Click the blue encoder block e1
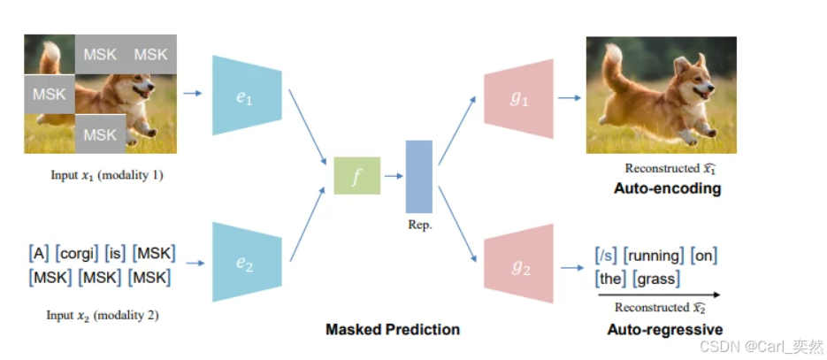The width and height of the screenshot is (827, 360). coord(247,95)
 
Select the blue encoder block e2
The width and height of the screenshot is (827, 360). coord(247,263)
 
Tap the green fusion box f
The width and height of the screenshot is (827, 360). coord(356,175)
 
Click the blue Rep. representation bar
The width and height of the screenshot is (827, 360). coord(419,176)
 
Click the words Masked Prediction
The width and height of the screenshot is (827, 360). coord(393,330)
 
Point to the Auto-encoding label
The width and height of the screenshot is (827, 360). coord(667,188)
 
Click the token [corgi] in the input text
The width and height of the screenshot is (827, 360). coord(76,255)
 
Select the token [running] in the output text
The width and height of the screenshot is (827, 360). coord(654,256)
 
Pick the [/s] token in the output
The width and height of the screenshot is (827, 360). coord(607,256)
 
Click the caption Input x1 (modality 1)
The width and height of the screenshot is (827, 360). coord(107,174)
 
